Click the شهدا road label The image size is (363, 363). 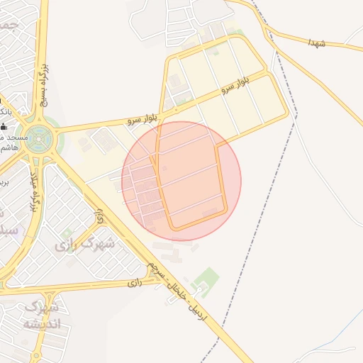click(x=316, y=43)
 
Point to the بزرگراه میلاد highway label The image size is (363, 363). click(x=30, y=194)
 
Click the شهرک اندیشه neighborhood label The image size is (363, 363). click(x=42, y=316)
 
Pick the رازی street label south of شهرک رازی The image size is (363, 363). click(x=135, y=282)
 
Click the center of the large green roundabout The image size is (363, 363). click(x=36, y=140)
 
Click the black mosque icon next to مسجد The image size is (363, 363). click(x=3, y=126)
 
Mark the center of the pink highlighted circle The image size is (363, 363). click(x=181, y=181)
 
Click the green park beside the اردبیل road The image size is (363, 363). click(x=206, y=277)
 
